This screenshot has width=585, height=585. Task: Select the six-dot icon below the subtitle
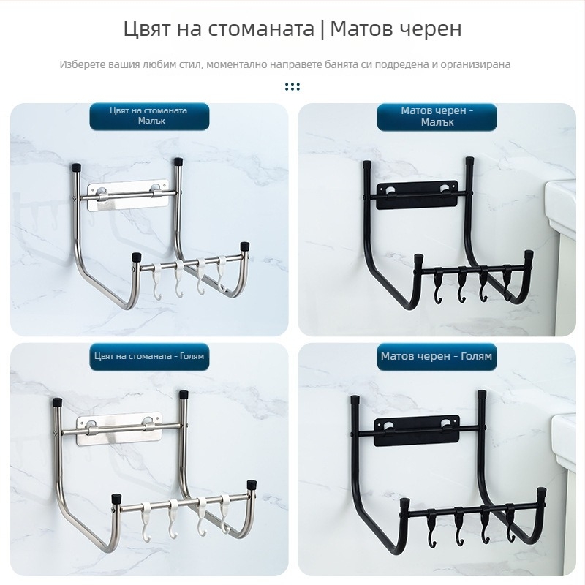pos(292,86)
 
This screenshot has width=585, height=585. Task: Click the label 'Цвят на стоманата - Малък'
pos(149,116)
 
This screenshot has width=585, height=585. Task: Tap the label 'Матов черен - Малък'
pos(437,116)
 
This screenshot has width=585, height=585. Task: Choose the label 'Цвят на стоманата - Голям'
pos(149,356)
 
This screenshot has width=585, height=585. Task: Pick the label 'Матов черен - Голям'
pos(437,356)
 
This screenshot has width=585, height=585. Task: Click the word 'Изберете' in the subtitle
pos(83,64)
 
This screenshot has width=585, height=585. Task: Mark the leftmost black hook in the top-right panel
pos(438,287)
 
